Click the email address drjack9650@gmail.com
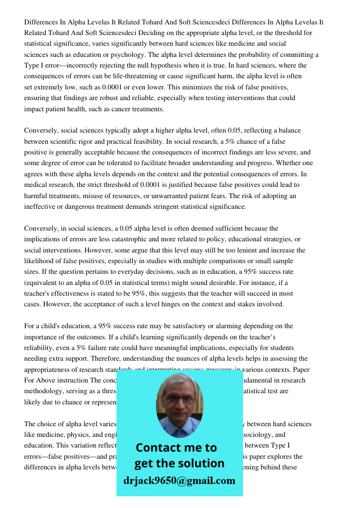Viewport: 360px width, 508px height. tap(179, 481)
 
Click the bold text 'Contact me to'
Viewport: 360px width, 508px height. tap(176, 448)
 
